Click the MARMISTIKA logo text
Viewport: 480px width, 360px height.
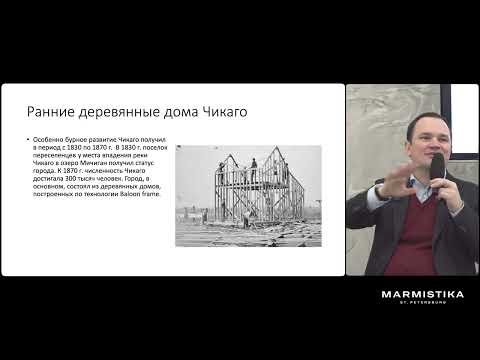tap(422, 295)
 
